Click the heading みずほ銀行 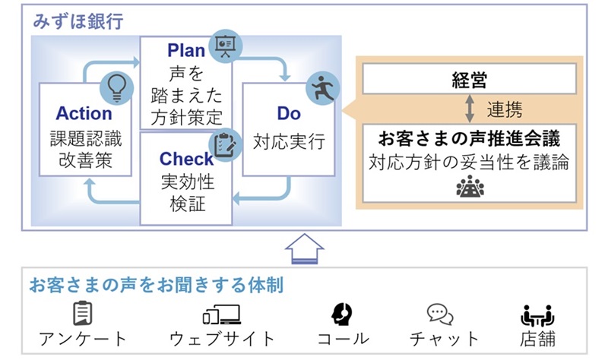78,21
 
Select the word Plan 187,52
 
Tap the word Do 289,114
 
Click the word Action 84,114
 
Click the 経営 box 469,80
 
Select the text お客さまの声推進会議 469,140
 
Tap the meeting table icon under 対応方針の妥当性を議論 470,186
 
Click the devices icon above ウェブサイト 221,314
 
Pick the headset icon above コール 344,314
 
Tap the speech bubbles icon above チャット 440,314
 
